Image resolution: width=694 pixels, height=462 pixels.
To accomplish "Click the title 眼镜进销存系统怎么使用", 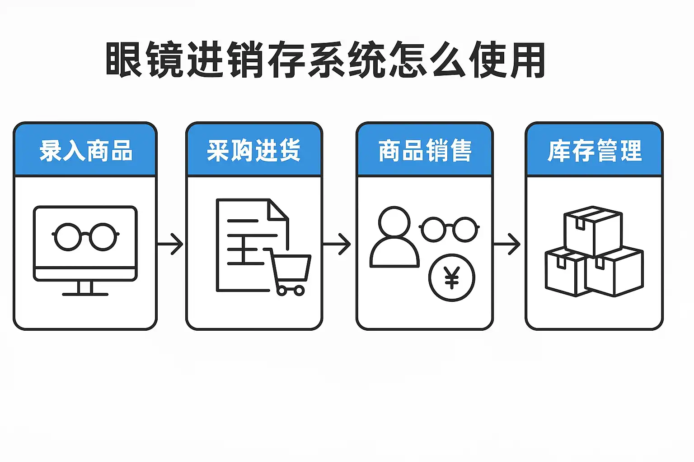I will coord(325,60).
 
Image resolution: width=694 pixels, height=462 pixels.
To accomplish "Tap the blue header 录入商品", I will coord(85,151).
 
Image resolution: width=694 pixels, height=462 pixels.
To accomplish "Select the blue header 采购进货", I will coord(254,151).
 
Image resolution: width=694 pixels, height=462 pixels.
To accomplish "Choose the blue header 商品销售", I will coord(425,151).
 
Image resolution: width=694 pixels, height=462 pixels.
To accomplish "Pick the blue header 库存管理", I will coord(594,151).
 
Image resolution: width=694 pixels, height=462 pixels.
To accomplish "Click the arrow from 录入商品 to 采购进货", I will coord(171,244).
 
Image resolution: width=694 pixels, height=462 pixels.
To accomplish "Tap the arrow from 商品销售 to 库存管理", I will coord(507,244).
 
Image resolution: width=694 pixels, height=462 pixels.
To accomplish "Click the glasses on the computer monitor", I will coord(85,236).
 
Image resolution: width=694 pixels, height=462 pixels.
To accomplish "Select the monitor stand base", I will coord(85,294).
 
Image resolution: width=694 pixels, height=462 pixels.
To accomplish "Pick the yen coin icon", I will coord(451,277).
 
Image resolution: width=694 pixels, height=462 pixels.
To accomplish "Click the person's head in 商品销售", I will coord(394,221).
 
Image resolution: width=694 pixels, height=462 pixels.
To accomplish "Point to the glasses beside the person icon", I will coord(449,229).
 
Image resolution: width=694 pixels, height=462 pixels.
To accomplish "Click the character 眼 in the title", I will coord(123,60).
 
